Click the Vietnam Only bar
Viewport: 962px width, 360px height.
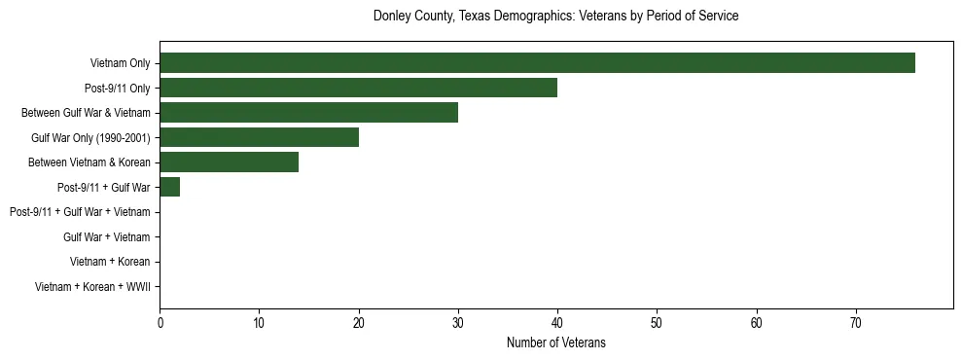(x=537, y=63)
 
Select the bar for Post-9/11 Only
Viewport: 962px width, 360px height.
(x=358, y=89)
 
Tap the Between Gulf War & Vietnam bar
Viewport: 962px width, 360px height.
(x=308, y=113)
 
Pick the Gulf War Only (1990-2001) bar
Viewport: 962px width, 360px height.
(x=259, y=137)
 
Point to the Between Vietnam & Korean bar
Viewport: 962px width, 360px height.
(x=229, y=162)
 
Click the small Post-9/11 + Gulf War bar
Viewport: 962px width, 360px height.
(x=169, y=187)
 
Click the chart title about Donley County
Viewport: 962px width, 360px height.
(x=555, y=17)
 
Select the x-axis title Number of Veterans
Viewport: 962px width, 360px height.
(x=555, y=342)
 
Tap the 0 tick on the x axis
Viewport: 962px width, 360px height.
(x=160, y=323)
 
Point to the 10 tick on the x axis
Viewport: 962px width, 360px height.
(x=259, y=323)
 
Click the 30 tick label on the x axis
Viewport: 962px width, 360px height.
(x=458, y=323)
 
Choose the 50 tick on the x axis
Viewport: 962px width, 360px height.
(x=657, y=323)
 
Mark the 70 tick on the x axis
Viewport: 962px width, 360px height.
(x=856, y=323)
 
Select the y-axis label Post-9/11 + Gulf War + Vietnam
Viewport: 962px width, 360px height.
(x=80, y=212)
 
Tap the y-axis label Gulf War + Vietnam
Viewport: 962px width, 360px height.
(x=106, y=236)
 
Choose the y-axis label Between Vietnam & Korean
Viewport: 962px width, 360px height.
(x=89, y=162)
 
